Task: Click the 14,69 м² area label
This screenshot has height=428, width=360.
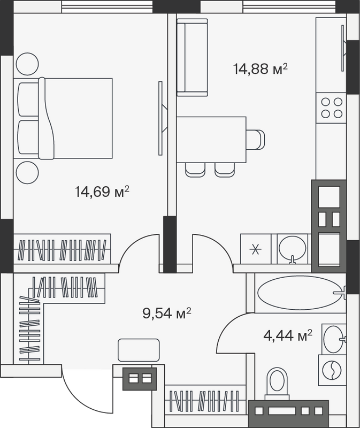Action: tap(102, 192)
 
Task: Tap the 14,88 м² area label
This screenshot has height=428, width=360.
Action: tap(261, 68)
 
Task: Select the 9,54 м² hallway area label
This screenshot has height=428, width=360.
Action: tap(166, 313)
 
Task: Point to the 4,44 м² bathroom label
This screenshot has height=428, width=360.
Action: tap(288, 335)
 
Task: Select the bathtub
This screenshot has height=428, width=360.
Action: tap(300, 293)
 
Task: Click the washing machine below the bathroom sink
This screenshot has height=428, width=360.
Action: tap(332, 370)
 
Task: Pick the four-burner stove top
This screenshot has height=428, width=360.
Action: tap(332, 108)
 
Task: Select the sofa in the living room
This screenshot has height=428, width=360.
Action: tap(192, 57)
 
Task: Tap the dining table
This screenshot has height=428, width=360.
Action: tap(211, 140)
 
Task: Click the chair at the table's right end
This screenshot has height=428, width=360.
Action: tap(256, 140)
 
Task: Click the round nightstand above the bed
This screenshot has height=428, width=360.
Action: tap(27, 64)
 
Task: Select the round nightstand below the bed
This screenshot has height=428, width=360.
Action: tap(27, 172)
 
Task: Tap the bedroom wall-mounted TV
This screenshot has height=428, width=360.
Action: tap(162, 118)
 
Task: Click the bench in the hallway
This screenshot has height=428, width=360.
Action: tap(139, 350)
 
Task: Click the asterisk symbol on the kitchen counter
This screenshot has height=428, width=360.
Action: tap(256, 249)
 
